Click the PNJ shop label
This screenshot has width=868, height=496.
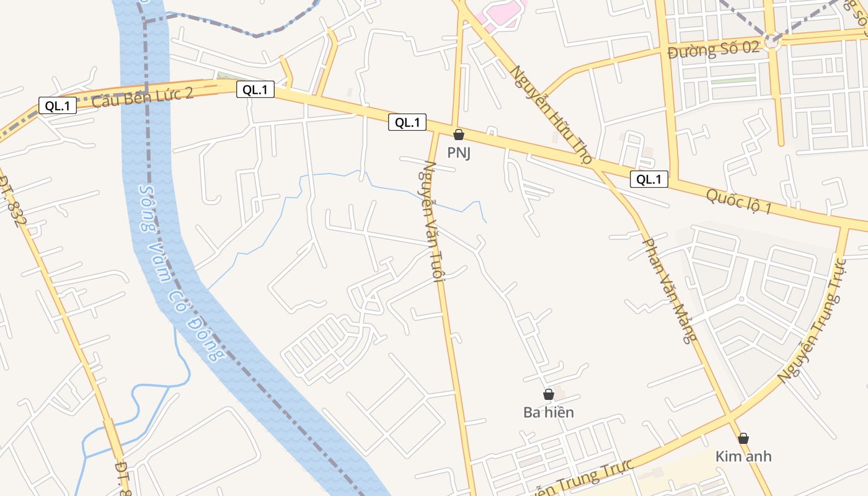point(459,153)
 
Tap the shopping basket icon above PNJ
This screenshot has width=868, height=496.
point(459,135)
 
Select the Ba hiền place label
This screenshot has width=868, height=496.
point(549,412)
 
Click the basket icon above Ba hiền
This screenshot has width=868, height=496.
point(549,394)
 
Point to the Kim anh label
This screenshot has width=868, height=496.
point(743,457)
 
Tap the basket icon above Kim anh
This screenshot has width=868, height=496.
point(743,438)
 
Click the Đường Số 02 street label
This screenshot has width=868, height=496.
point(714,50)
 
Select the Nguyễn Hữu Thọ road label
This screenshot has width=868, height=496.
point(551,115)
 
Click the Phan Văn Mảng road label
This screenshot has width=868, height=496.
point(670,290)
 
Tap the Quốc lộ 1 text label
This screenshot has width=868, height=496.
point(739,202)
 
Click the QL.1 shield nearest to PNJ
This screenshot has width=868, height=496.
point(407,123)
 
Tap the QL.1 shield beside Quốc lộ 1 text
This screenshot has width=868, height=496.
point(649,180)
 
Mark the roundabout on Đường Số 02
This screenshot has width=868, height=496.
point(771,40)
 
